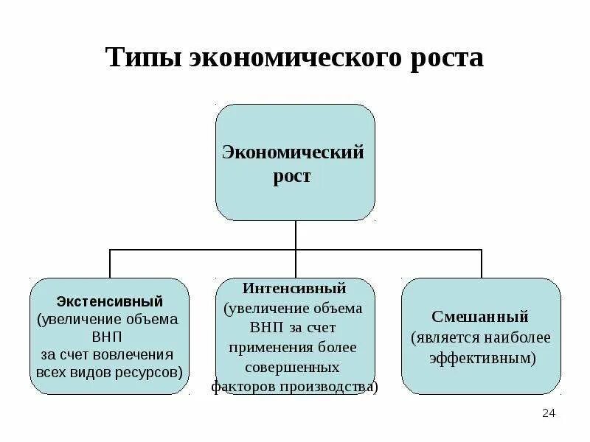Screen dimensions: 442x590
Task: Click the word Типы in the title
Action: tap(144, 57)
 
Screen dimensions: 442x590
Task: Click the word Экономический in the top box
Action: tap(294, 152)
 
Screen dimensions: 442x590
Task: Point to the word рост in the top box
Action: tap(295, 177)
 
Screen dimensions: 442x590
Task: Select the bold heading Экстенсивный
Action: tap(110, 301)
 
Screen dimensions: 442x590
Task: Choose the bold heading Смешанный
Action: tap(480, 317)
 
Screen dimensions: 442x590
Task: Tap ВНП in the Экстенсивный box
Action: tap(109, 337)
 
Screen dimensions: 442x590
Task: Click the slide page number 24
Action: tap(548, 413)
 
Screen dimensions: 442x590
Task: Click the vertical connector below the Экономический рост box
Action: tap(295, 235)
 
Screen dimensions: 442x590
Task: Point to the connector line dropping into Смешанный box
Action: tap(482, 264)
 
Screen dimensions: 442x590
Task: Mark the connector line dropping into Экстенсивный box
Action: tap(110, 264)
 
